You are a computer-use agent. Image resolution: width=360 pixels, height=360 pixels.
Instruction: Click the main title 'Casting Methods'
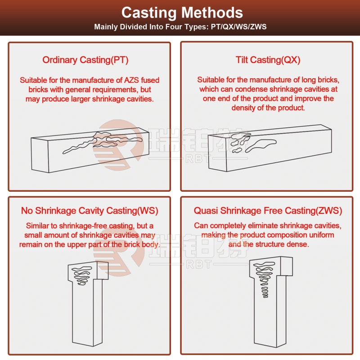point(182,13)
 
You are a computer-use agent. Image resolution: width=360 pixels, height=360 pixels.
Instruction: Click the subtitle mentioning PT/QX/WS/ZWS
point(180,27)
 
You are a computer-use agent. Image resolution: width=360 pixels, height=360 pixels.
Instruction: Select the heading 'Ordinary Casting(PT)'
point(85,60)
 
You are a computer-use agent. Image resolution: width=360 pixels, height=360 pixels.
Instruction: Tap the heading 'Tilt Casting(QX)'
point(268,60)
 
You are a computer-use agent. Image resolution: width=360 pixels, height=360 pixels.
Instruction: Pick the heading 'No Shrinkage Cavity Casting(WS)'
point(90,211)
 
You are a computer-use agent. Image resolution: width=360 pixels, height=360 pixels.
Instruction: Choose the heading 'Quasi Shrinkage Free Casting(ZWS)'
point(268,211)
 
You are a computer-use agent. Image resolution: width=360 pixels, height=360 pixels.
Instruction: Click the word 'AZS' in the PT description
point(131,80)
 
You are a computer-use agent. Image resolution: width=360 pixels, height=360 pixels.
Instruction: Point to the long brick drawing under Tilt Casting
point(270,148)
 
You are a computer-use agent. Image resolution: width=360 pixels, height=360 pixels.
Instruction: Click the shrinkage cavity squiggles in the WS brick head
point(82,275)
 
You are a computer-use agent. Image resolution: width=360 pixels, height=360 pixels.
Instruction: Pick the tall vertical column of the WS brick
point(87,312)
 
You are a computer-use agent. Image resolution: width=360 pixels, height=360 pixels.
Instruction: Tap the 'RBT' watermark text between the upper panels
point(198,158)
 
